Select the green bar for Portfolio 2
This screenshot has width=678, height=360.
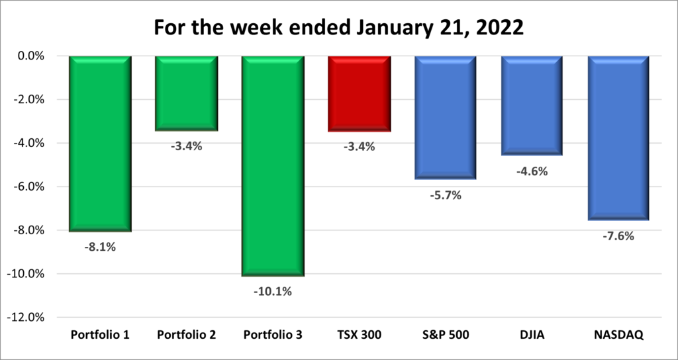[186, 93]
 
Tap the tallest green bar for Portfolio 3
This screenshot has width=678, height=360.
[273, 165]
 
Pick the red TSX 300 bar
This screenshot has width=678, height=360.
[360, 93]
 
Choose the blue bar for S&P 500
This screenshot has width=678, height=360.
[446, 117]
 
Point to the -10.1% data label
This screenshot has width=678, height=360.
[273, 291]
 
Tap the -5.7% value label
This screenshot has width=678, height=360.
[446, 195]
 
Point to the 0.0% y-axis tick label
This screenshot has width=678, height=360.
[30, 56]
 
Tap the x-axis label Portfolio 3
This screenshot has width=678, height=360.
[273, 335]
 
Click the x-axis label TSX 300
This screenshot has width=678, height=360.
[360, 335]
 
